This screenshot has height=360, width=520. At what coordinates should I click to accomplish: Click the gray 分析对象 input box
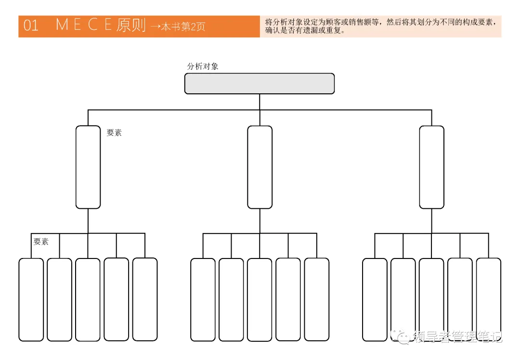pos(260,84)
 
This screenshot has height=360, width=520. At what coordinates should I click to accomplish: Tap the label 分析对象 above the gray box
pos(203,66)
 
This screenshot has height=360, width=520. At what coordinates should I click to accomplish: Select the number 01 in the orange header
pos(31,26)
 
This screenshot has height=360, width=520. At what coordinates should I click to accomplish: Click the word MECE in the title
pos(84,25)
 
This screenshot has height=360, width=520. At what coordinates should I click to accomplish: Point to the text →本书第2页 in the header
pos(178,27)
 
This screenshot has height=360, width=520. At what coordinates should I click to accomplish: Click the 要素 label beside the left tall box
pos(114,133)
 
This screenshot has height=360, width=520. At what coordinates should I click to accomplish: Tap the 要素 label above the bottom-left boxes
pos(41,242)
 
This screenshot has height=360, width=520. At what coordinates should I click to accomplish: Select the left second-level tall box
pos(88,167)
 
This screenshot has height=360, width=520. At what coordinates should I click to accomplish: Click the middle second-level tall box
pos(260,167)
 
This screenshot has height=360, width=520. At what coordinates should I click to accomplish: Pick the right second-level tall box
pos(431,167)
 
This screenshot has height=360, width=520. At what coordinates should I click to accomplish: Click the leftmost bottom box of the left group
pos(31,299)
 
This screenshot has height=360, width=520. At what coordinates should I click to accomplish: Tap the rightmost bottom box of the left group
pos(145,299)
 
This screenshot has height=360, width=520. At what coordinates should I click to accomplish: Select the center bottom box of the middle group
pos(260,299)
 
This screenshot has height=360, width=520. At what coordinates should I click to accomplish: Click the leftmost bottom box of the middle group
pos(203,299)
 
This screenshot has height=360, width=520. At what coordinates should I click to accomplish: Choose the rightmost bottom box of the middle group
pos(317,299)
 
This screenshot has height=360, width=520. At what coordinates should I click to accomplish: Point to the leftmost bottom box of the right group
pos(375,299)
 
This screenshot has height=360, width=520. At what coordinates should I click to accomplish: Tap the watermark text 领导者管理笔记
pos(458,337)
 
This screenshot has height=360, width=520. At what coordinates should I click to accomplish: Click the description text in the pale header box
pos(380,26)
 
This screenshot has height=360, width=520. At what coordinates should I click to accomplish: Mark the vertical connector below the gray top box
pos(260,102)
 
